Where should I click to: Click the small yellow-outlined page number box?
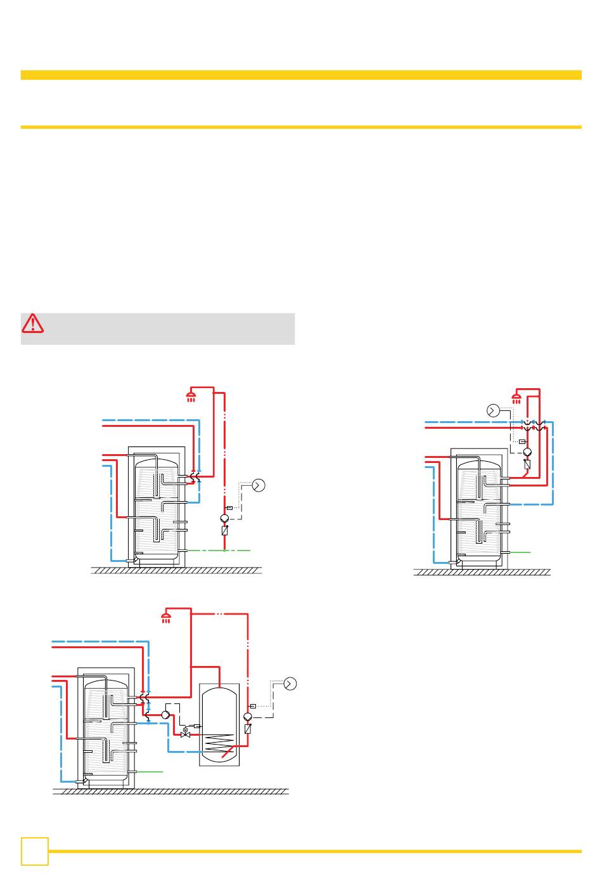point(34,851)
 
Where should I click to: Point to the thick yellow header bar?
point(301,75)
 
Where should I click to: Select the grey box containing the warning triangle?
point(158,329)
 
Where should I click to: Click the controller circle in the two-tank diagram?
point(290,683)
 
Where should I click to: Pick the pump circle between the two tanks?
point(165,715)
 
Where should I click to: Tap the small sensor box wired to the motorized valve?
point(197,726)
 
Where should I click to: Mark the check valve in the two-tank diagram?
point(248,729)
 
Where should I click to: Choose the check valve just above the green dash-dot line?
point(224,530)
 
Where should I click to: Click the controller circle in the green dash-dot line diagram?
point(258,485)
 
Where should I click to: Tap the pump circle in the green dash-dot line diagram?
point(224,518)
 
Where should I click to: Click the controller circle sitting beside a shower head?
point(493,410)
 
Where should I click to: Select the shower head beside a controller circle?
point(517,399)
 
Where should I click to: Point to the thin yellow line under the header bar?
point(301,127)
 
